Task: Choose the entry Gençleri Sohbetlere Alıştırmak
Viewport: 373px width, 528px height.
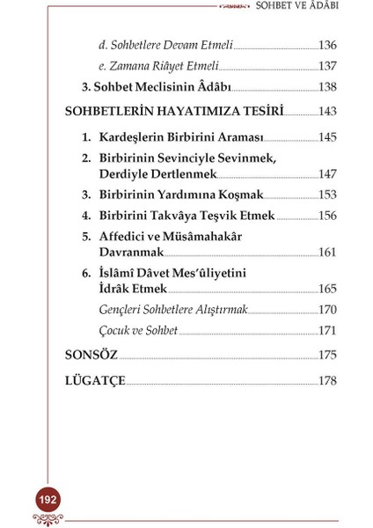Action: coord(173,310)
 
